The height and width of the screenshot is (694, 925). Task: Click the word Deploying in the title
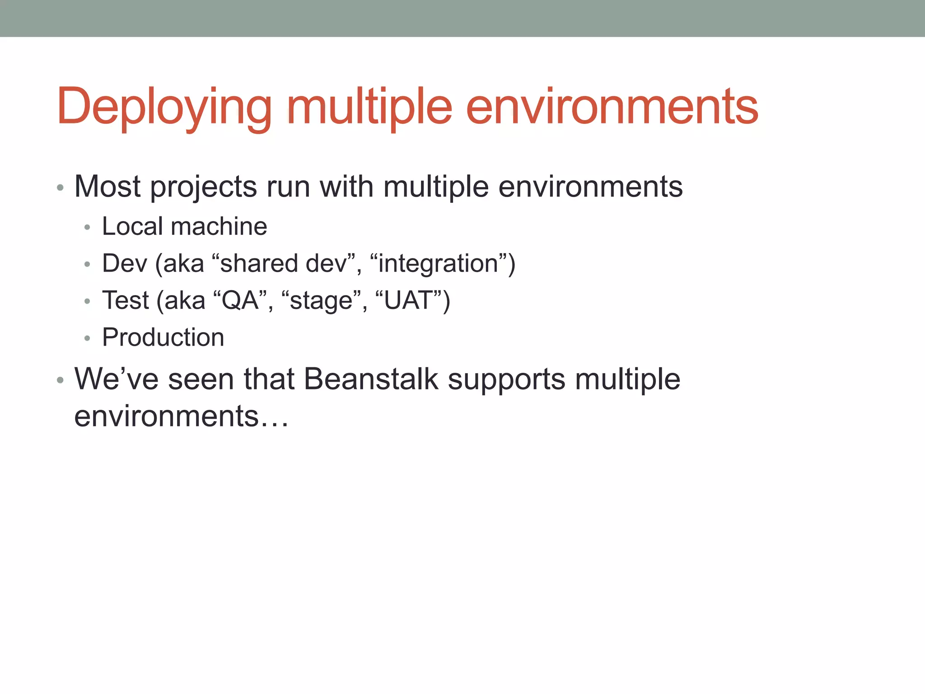click(164, 107)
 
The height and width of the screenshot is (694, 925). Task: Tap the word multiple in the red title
click(369, 107)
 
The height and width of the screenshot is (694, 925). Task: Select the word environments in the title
click(612, 107)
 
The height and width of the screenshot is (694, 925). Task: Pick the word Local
click(132, 226)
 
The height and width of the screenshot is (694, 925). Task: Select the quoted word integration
click(438, 263)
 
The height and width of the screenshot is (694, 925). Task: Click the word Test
click(125, 300)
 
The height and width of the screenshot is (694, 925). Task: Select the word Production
click(163, 337)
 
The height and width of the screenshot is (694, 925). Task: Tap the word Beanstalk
click(371, 379)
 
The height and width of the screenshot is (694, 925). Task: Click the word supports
click(506, 380)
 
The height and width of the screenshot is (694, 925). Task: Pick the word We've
click(116, 379)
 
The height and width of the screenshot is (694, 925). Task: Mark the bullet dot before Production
click(87, 338)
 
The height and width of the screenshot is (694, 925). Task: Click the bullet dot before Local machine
click(87, 227)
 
